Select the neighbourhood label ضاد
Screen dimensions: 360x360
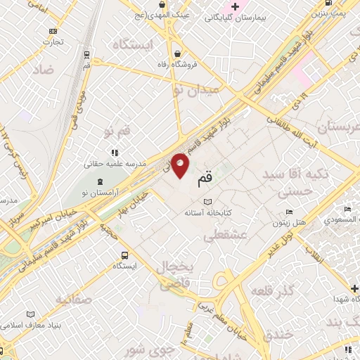click(x=42, y=70)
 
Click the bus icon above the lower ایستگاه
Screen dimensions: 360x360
click(x=124, y=255)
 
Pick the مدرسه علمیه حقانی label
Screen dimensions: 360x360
click(x=115, y=163)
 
